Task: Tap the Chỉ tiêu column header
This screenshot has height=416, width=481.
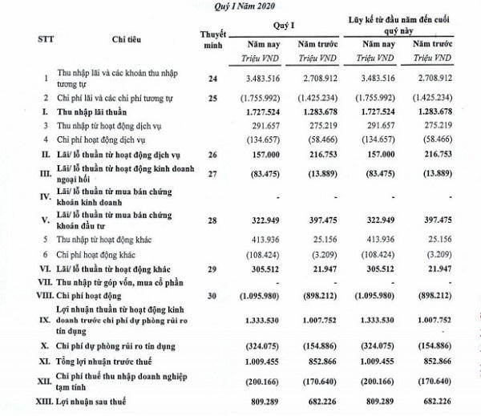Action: (111, 38)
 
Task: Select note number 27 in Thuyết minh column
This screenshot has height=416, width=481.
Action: (214, 174)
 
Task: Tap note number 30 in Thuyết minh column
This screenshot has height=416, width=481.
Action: (214, 296)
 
